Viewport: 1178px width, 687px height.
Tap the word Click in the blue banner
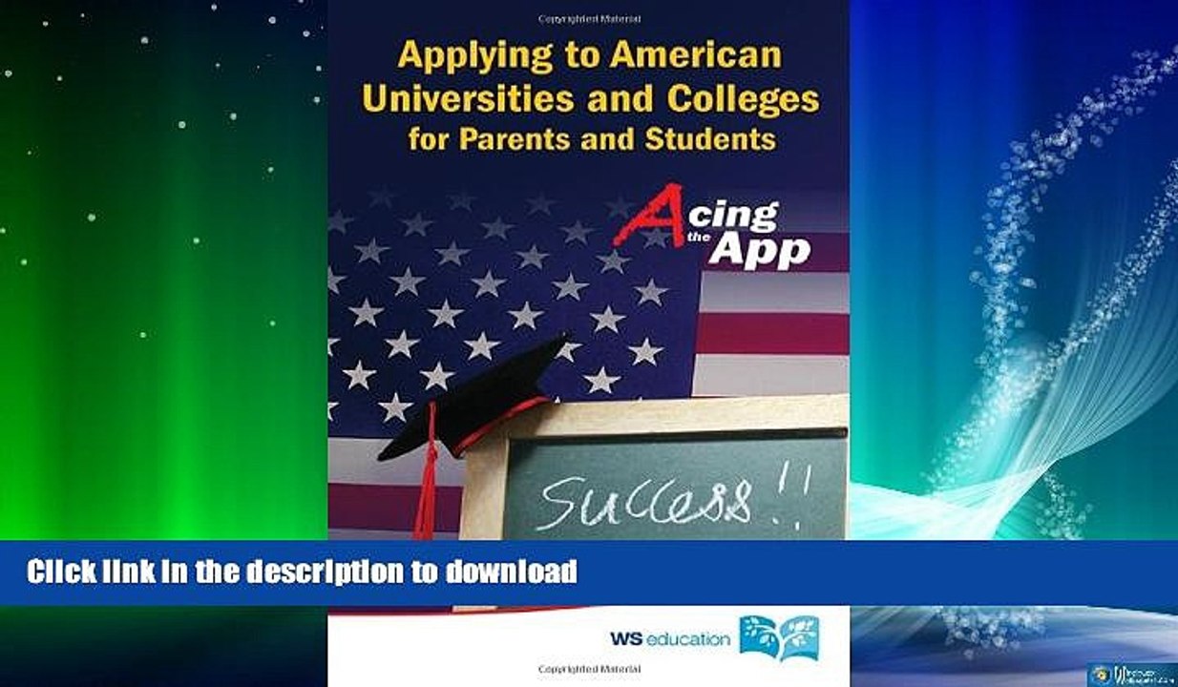(x=61, y=572)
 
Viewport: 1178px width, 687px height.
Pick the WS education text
(x=668, y=638)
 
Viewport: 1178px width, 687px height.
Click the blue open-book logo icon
(x=779, y=636)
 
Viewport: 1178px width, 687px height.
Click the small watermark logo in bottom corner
(x=1131, y=672)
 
